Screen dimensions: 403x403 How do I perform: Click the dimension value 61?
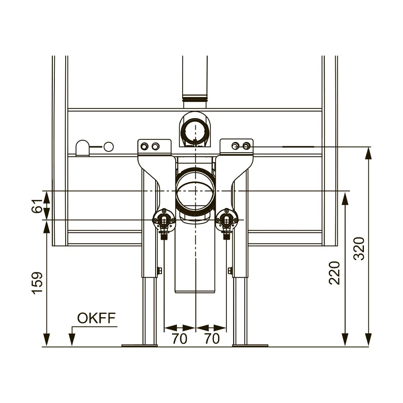click(x=37, y=206)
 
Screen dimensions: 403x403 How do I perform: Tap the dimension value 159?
click(x=37, y=283)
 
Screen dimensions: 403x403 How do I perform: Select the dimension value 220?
click(x=334, y=273)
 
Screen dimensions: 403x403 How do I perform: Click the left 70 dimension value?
click(x=180, y=339)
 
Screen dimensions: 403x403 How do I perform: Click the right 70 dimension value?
click(x=212, y=339)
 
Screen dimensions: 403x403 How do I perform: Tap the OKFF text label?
click(x=96, y=318)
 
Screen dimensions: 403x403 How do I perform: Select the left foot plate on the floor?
click(x=139, y=345)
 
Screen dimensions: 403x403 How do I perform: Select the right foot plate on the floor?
click(x=250, y=345)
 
